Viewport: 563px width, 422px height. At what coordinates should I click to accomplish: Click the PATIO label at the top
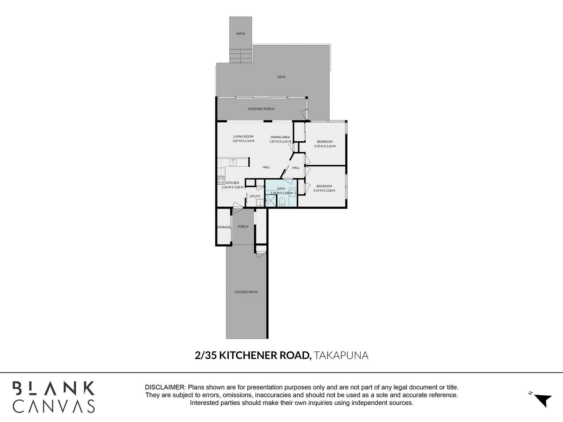(x=240, y=34)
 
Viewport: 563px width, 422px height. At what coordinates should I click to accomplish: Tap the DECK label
(x=281, y=77)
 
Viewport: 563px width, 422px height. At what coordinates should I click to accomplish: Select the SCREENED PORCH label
(x=261, y=109)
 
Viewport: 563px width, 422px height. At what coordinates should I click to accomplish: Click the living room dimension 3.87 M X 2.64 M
(x=243, y=141)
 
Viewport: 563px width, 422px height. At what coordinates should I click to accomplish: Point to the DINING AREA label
(x=280, y=137)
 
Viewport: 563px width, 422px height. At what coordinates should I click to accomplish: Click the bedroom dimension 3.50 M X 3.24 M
(x=324, y=146)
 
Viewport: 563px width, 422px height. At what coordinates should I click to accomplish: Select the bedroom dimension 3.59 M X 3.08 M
(x=324, y=191)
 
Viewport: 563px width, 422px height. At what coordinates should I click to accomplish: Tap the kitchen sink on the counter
(x=233, y=162)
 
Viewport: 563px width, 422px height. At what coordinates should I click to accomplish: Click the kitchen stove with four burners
(x=221, y=180)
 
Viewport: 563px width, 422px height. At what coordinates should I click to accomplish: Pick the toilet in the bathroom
(x=282, y=202)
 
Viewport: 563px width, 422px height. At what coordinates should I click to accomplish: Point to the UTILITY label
(x=255, y=196)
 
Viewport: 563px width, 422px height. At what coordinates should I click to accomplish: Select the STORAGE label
(x=223, y=227)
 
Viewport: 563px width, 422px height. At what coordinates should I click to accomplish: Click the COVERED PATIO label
(x=246, y=292)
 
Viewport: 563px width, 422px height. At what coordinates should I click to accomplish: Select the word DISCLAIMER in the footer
(x=165, y=387)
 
